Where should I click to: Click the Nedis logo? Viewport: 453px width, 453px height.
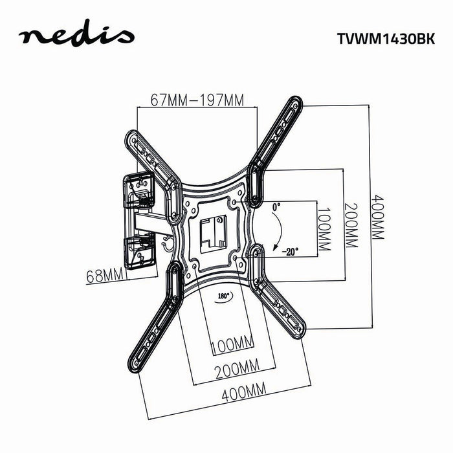coord(76,36)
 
